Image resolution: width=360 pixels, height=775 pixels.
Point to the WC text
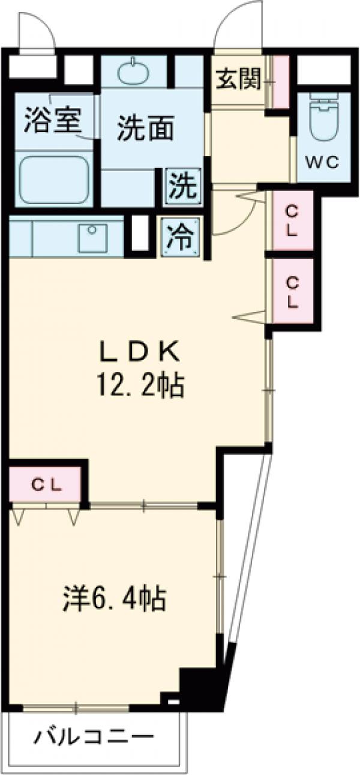325,161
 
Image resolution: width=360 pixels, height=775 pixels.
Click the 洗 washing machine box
182,187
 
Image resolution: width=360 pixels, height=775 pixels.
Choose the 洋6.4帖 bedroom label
115,597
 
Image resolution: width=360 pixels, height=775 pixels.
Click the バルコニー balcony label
94,737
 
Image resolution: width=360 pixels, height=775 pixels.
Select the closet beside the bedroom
46,485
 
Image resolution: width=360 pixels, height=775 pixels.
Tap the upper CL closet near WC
292,220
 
